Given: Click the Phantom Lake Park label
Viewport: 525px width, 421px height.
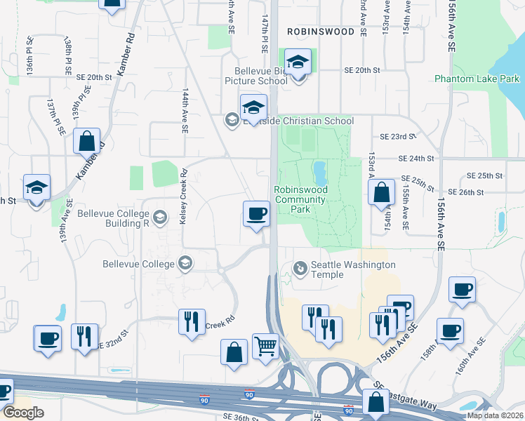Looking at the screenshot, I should click(477, 79).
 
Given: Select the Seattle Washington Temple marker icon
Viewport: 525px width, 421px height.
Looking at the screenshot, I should click(300, 267).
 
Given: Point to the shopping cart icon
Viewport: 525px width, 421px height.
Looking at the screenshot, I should click(266, 345).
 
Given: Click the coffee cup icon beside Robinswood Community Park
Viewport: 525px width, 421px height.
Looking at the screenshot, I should click(256, 213).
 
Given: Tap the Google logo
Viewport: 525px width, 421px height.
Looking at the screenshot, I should click(23, 413).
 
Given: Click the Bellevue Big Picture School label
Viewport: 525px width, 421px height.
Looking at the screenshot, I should click(262, 75).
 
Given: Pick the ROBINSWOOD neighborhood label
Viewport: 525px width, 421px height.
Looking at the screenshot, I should click(320, 32).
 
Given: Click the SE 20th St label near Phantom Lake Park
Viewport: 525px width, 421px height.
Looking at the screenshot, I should click(361, 70).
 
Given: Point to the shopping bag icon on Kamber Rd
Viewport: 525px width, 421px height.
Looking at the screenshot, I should click(87, 141).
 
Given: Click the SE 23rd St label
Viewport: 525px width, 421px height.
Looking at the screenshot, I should click(398, 137).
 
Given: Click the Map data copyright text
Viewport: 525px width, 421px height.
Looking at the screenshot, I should click(496, 415).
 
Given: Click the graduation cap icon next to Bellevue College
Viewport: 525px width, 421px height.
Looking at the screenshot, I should click(185, 264).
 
